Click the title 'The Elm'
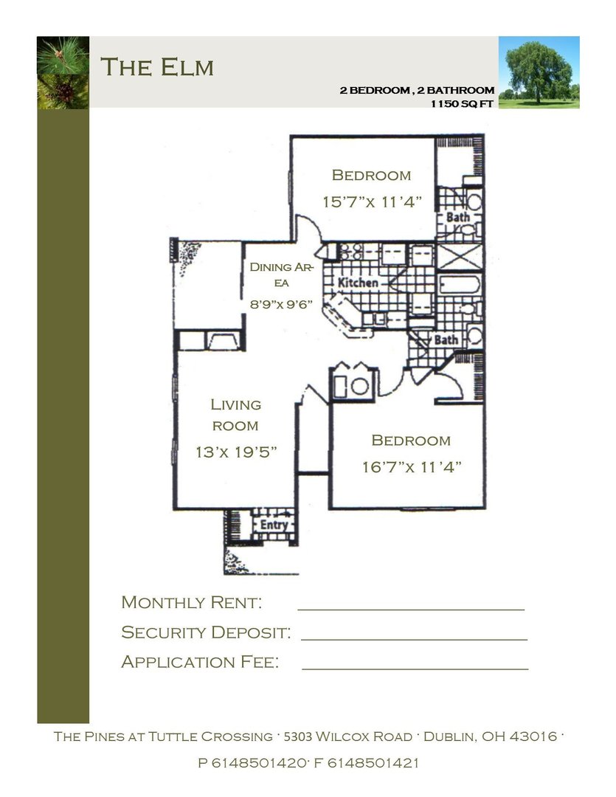(157, 67)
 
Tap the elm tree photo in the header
(539, 72)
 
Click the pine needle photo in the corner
(63, 72)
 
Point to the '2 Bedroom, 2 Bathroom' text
(416, 91)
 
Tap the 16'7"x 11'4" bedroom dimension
(412, 466)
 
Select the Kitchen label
(358, 283)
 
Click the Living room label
(236, 415)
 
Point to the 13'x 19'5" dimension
(236, 452)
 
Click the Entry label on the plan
(274, 525)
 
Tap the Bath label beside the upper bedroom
(457, 218)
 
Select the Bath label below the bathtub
(445, 340)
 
